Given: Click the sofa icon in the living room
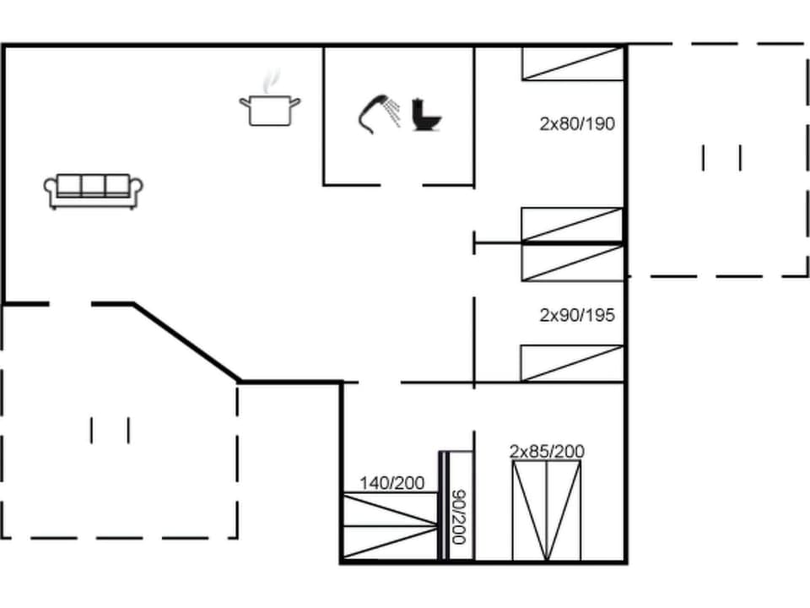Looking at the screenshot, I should point(93,191).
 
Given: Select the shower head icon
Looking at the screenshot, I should point(378,112).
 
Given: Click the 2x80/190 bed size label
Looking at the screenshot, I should point(577,124).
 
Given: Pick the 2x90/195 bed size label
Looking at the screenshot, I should point(577,316).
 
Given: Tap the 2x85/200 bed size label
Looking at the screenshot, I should point(547,452).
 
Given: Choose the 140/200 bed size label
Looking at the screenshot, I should point(391,483).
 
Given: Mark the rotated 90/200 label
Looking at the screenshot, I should point(459,517).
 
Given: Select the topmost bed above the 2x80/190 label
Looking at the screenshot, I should point(572,63).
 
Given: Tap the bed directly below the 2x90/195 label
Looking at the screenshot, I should point(572,363).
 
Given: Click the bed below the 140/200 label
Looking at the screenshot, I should point(390,525).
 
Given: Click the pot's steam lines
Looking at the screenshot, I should point(270,82).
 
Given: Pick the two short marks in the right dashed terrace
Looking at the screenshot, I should point(721,158).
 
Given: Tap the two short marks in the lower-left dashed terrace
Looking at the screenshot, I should point(110,430).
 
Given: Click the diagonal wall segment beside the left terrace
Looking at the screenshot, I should point(187,343).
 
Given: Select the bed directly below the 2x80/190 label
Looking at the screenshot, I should point(572,225).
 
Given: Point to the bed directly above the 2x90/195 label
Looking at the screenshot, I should point(572,263).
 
